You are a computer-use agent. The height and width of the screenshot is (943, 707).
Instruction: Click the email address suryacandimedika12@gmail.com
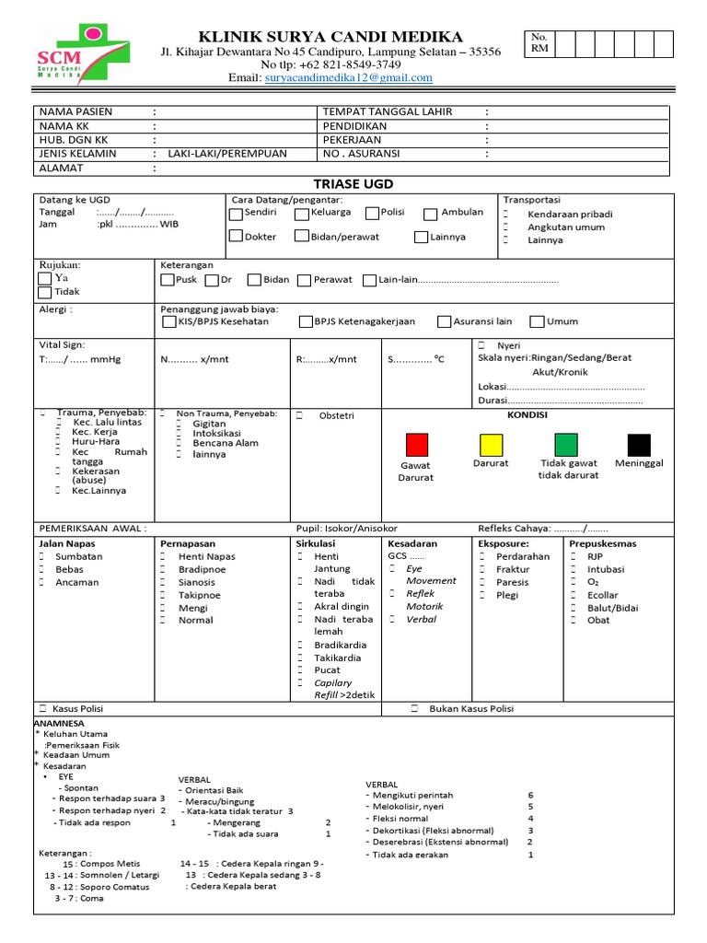tap(348, 78)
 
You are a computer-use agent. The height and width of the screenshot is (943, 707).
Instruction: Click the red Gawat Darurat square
tap(417, 444)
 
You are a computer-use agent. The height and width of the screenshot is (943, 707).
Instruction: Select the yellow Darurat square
tap(491, 444)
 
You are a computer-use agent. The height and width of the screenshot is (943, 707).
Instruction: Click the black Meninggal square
tap(639, 444)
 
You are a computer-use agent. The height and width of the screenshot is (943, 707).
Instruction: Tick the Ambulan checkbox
tap(430, 215)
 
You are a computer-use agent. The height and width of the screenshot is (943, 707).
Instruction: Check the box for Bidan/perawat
tap(302, 237)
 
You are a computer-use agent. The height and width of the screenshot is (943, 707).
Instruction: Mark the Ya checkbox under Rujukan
tap(46, 277)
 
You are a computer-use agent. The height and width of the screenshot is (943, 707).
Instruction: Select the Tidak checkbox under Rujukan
tap(46, 292)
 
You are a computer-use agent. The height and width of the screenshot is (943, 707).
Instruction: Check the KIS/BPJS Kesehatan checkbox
tap(168, 322)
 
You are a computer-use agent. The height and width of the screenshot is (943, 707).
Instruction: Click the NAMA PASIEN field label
tap(75, 112)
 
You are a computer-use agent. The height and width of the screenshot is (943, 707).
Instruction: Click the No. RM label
tap(539, 42)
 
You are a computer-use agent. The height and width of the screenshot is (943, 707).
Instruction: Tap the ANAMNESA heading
tap(59, 724)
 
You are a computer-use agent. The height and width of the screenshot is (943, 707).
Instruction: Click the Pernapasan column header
tap(188, 543)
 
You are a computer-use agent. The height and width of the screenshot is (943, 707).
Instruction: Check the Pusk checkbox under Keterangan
tap(167, 280)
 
